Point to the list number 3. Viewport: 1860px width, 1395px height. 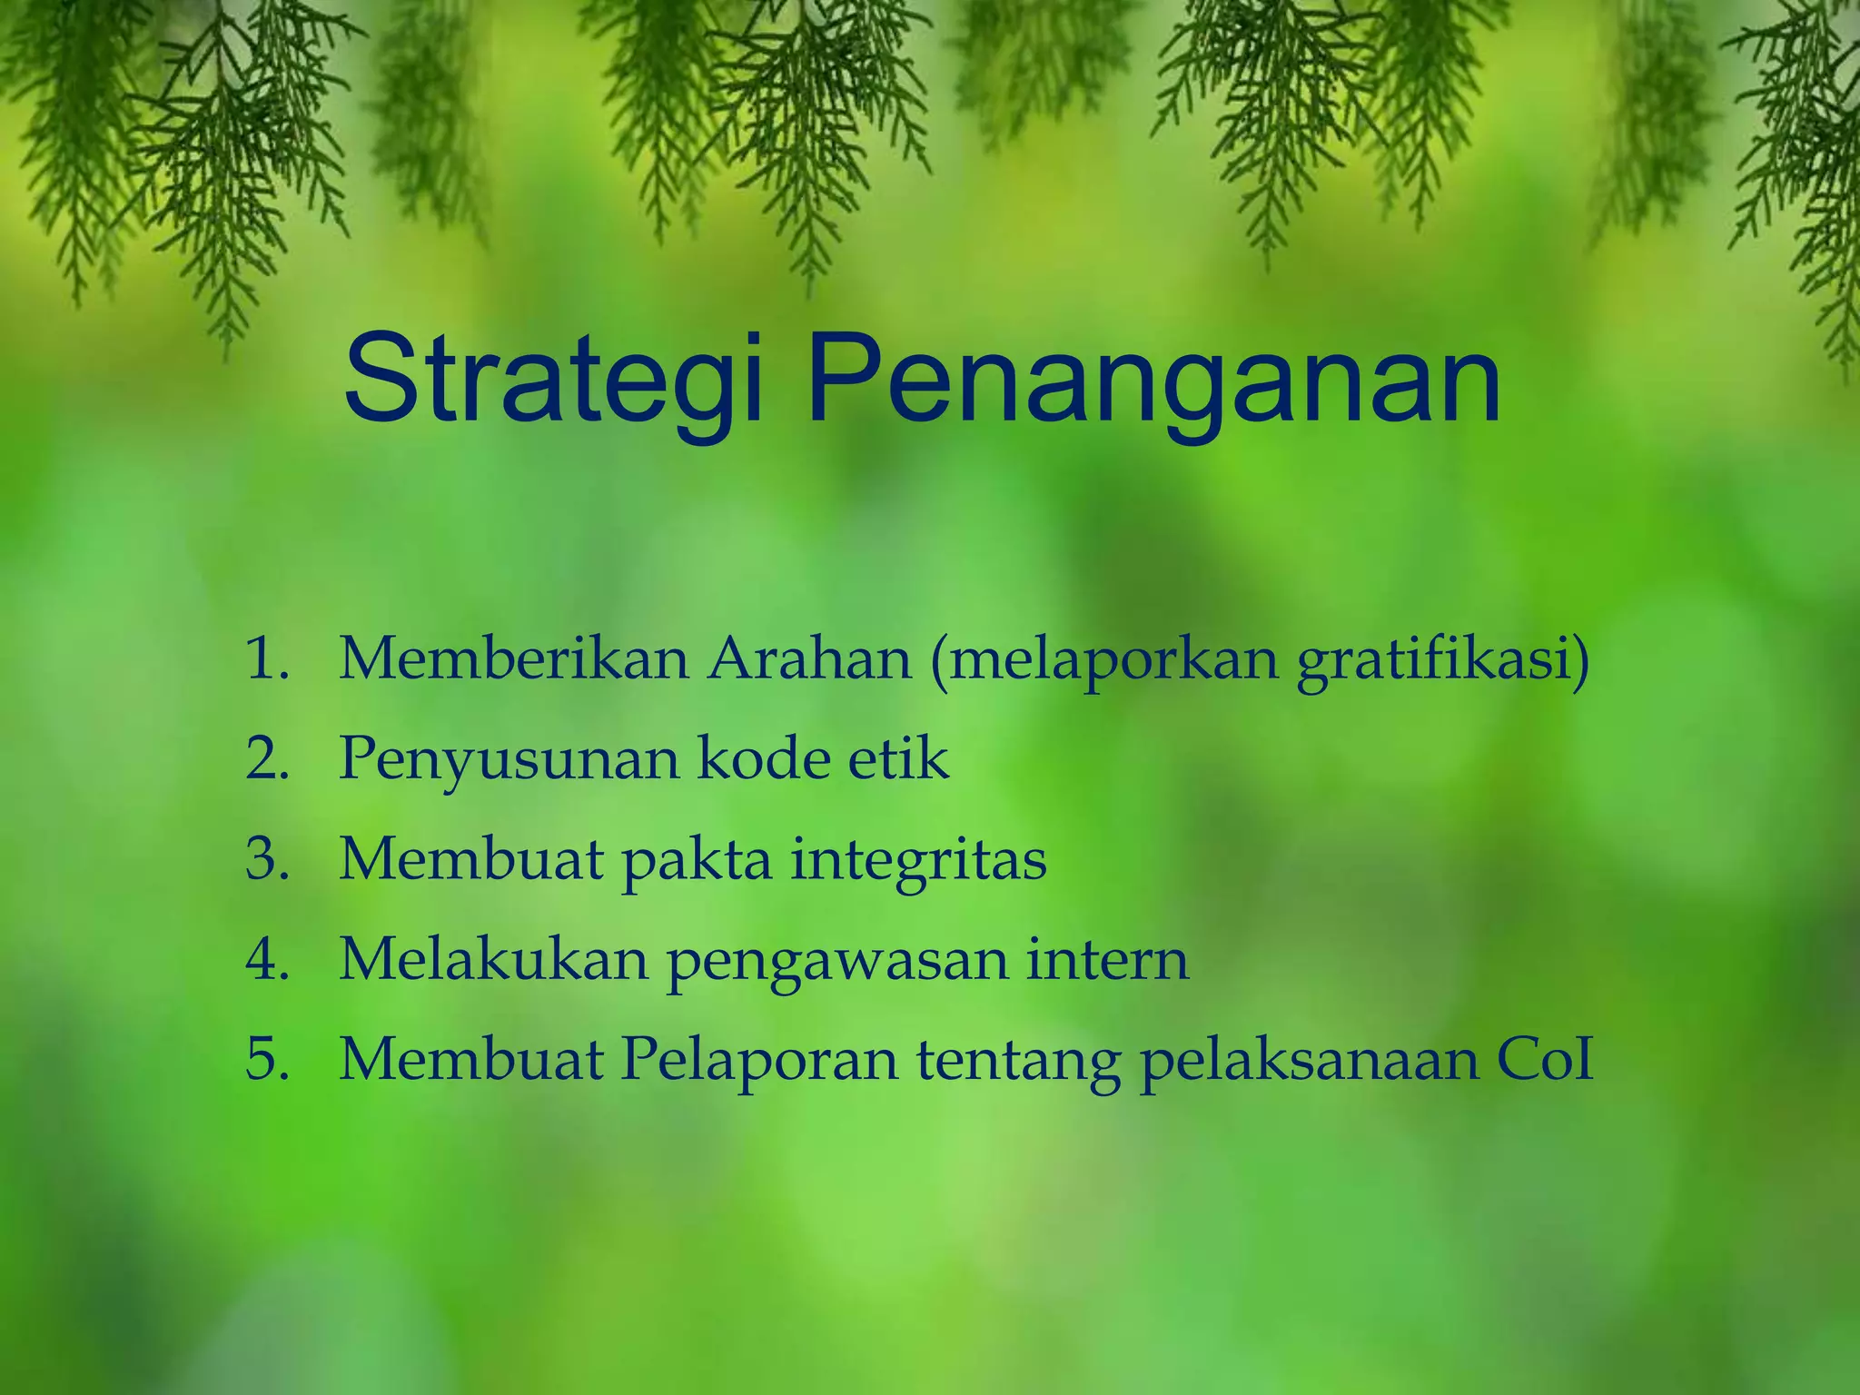267,859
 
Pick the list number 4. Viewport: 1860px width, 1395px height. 267,959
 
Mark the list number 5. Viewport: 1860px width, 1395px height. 267,1059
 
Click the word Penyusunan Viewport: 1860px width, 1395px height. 508,759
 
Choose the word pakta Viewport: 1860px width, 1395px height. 696,860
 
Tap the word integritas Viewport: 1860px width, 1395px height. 918,860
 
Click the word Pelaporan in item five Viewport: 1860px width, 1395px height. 759,1060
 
